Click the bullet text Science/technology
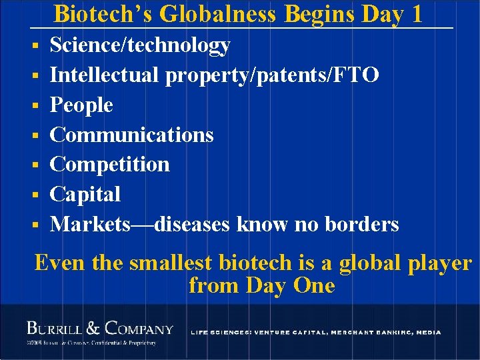coord(140,45)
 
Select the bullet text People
coord(81,105)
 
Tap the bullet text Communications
coord(132,135)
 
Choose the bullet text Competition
coord(110,164)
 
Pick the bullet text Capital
coord(85,194)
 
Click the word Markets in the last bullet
coord(91,224)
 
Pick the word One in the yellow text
coord(313,285)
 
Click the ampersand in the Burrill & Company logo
coord(93,328)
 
